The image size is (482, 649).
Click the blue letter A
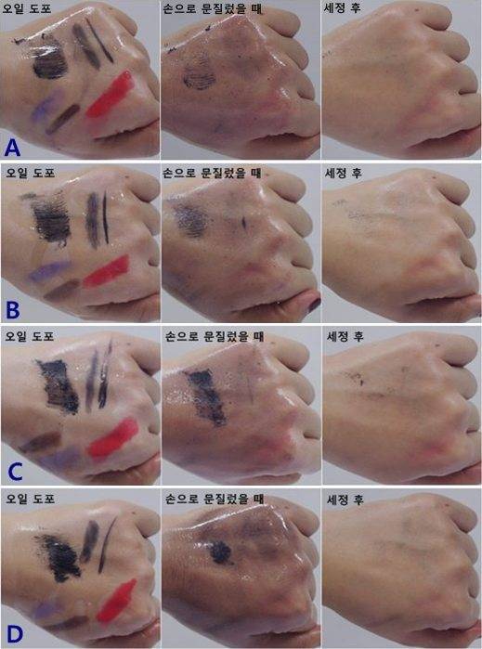12,148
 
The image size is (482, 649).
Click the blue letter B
12,309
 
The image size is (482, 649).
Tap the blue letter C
15,473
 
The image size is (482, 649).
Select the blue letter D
14,634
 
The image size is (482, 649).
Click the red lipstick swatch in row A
111,95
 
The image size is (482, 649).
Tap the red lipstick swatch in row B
107,271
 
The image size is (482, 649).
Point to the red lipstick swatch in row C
113,439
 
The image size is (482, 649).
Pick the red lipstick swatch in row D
116,602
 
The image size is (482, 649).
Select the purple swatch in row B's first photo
49,271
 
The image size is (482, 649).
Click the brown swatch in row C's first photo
40,442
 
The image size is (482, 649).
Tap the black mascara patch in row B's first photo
50,219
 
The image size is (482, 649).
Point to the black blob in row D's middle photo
221,552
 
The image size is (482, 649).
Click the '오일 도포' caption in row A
27,7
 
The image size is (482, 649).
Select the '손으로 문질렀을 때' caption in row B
213,173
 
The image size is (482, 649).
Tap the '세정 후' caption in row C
345,336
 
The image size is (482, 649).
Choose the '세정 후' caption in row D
345,500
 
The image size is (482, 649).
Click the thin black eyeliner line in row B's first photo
106,217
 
